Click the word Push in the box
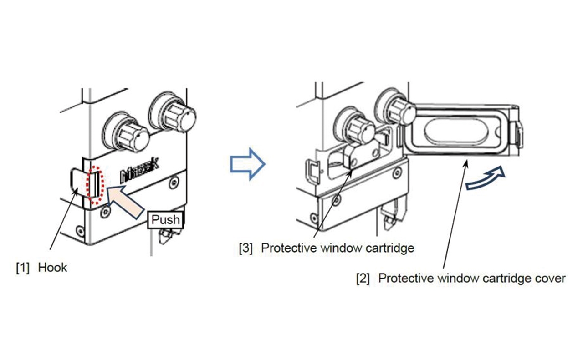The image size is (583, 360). click(x=165, y=220)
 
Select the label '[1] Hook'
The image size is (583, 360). click(x=41, y=267)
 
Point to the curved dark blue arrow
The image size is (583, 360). click(x=486, y=178)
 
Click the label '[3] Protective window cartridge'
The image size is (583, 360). click(x=327, y=248)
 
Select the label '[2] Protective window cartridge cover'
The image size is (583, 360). click(x=460, y=278)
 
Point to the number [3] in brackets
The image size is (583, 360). click(x=246, y=248)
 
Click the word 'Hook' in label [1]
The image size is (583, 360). click(x=52, y=267)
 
